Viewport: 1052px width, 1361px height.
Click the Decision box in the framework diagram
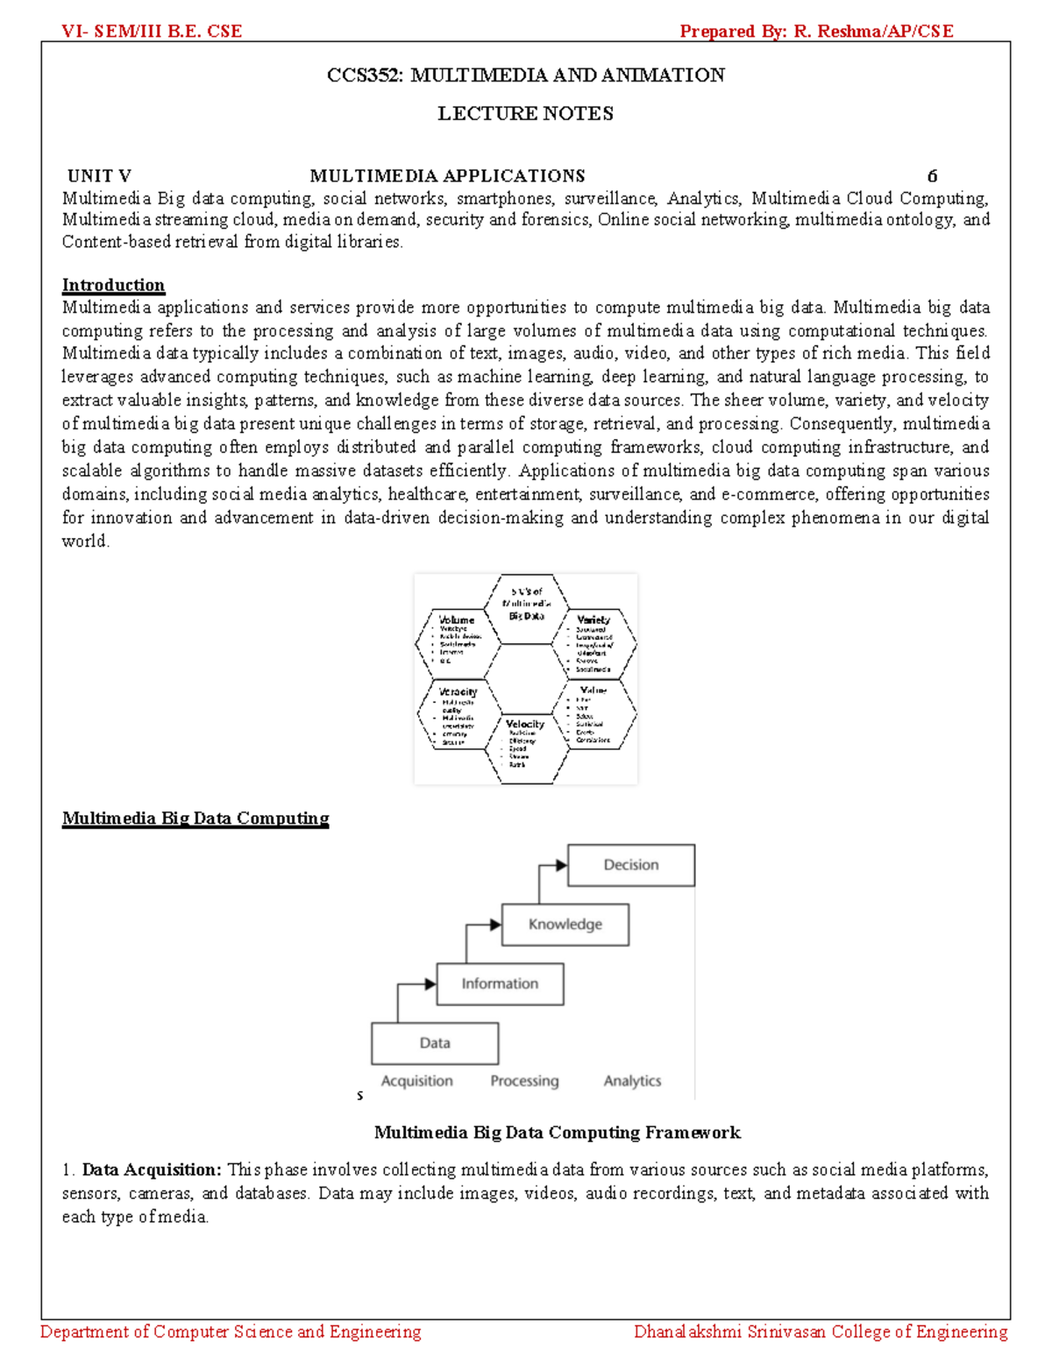(x=631, y=865)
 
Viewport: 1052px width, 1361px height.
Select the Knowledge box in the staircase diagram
(x=565, y=925)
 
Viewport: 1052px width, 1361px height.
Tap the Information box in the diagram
(x=500, y=984)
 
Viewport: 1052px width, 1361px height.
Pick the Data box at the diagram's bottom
(x=435, y=1043)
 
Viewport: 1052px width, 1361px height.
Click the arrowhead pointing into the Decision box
(x=561, y=866)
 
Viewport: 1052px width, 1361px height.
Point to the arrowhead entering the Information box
(x=430, y=984)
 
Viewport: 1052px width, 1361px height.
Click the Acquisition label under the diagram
(x=417, y=1081)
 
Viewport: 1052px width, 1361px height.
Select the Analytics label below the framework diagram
(x=632, y=1081)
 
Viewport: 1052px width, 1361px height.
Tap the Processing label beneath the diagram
(x=524, y=1081)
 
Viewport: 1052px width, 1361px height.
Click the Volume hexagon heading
(x=457, y=620)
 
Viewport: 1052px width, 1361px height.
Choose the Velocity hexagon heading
(x=525, y=724)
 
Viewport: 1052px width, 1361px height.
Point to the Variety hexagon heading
(x=594, y=620)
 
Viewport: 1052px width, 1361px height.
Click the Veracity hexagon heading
(x=458, y=691)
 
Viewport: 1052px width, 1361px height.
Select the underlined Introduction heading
(x=113, y=285)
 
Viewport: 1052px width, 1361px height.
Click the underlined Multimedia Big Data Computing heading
(x=195, y=819)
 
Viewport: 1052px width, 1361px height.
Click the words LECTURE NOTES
(x=525, y=113)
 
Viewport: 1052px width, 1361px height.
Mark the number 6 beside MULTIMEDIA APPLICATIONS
(x=932, y=176)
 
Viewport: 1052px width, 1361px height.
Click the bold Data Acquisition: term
(x=152, y=1170)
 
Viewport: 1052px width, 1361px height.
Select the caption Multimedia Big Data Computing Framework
(x=557, y=1132)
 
